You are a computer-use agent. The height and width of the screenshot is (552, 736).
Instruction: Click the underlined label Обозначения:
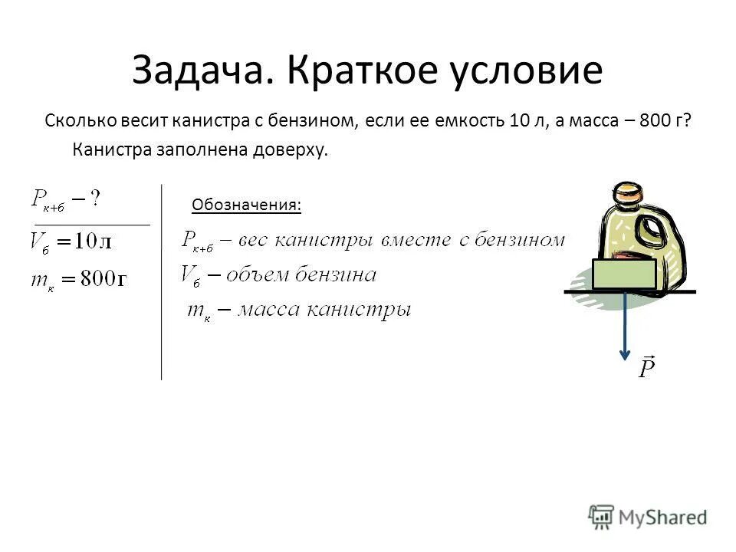[x=246, y=205]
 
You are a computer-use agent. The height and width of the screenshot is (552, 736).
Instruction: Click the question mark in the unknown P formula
[x=95, y=199]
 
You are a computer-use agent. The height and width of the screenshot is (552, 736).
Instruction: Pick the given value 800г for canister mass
[x=97, y=278]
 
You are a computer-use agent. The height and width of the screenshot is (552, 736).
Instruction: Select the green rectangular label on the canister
[x=624, y=274]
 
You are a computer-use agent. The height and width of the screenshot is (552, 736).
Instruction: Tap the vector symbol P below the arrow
[x=646, y=369]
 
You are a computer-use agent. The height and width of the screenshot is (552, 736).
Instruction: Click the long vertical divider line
[x=161, y=284]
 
